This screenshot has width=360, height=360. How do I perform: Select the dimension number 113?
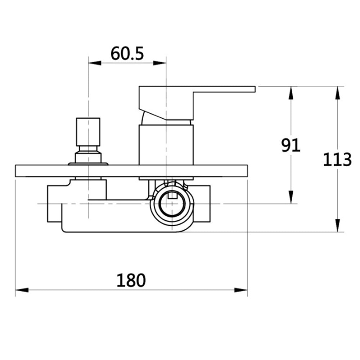click(x=337, y=159)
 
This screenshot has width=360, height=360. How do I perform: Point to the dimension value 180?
click(x=131, y=280)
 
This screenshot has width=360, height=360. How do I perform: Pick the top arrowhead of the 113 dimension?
click(x=337, y=93)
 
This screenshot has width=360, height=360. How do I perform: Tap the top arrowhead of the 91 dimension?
click(x=291, y=93)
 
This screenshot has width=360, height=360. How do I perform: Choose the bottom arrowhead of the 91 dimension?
click(x=291, y=197)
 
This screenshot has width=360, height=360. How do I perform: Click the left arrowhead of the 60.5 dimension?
click(x=94, y=63)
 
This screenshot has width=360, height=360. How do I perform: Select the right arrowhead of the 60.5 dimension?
click(x=160, y=63)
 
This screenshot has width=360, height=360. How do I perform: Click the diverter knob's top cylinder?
click(x=88, y=131)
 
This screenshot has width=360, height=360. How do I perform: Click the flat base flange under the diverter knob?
click(x=88, y=164)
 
